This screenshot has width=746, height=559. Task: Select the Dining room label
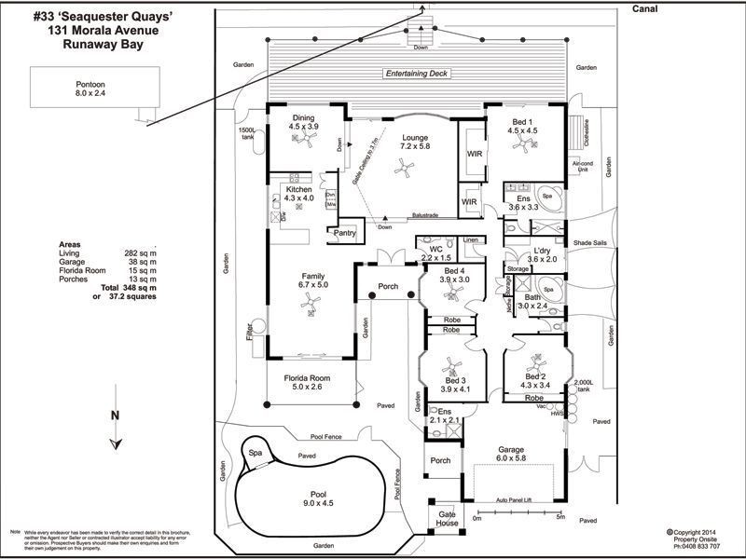tap(303, 117)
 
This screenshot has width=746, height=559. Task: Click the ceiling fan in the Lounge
tap(404, 167)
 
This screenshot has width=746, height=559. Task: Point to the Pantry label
tap(344, 233)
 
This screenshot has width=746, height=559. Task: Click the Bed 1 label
tap(522, 121)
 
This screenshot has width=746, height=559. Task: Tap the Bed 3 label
tap(455, 381)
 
